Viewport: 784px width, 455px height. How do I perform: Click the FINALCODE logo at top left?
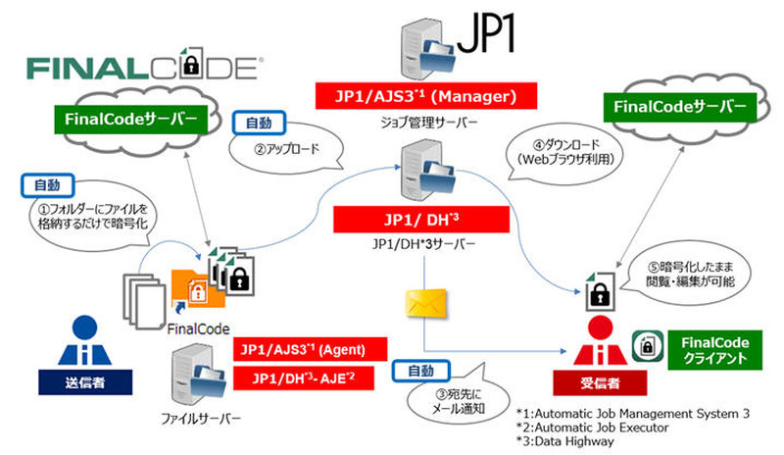143,67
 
